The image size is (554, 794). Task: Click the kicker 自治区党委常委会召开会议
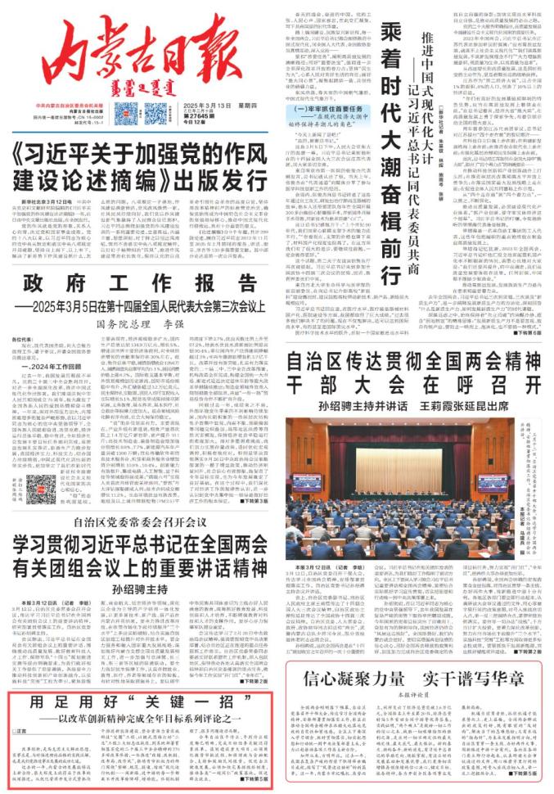tap(139, 521)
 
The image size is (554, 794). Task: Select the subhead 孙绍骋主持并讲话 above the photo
tap(346, 404)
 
